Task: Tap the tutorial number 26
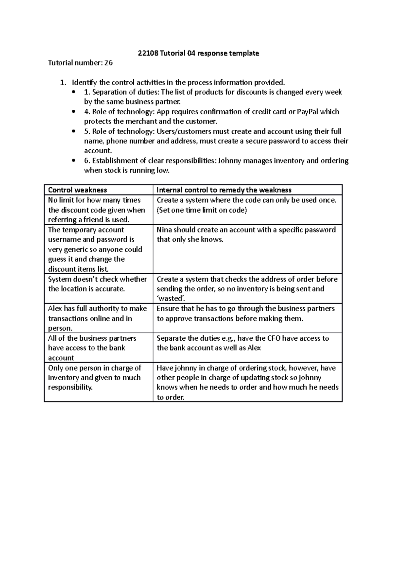pos(109,63)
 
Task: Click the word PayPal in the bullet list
pos(308,112)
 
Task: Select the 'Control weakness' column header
pos(77,190)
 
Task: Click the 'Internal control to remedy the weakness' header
pos(224,190)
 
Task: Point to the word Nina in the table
pos(164,230)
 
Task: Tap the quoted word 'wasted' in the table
pos(170,299)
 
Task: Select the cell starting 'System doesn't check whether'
pos(98,284)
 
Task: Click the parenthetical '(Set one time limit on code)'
pos(202,210)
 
